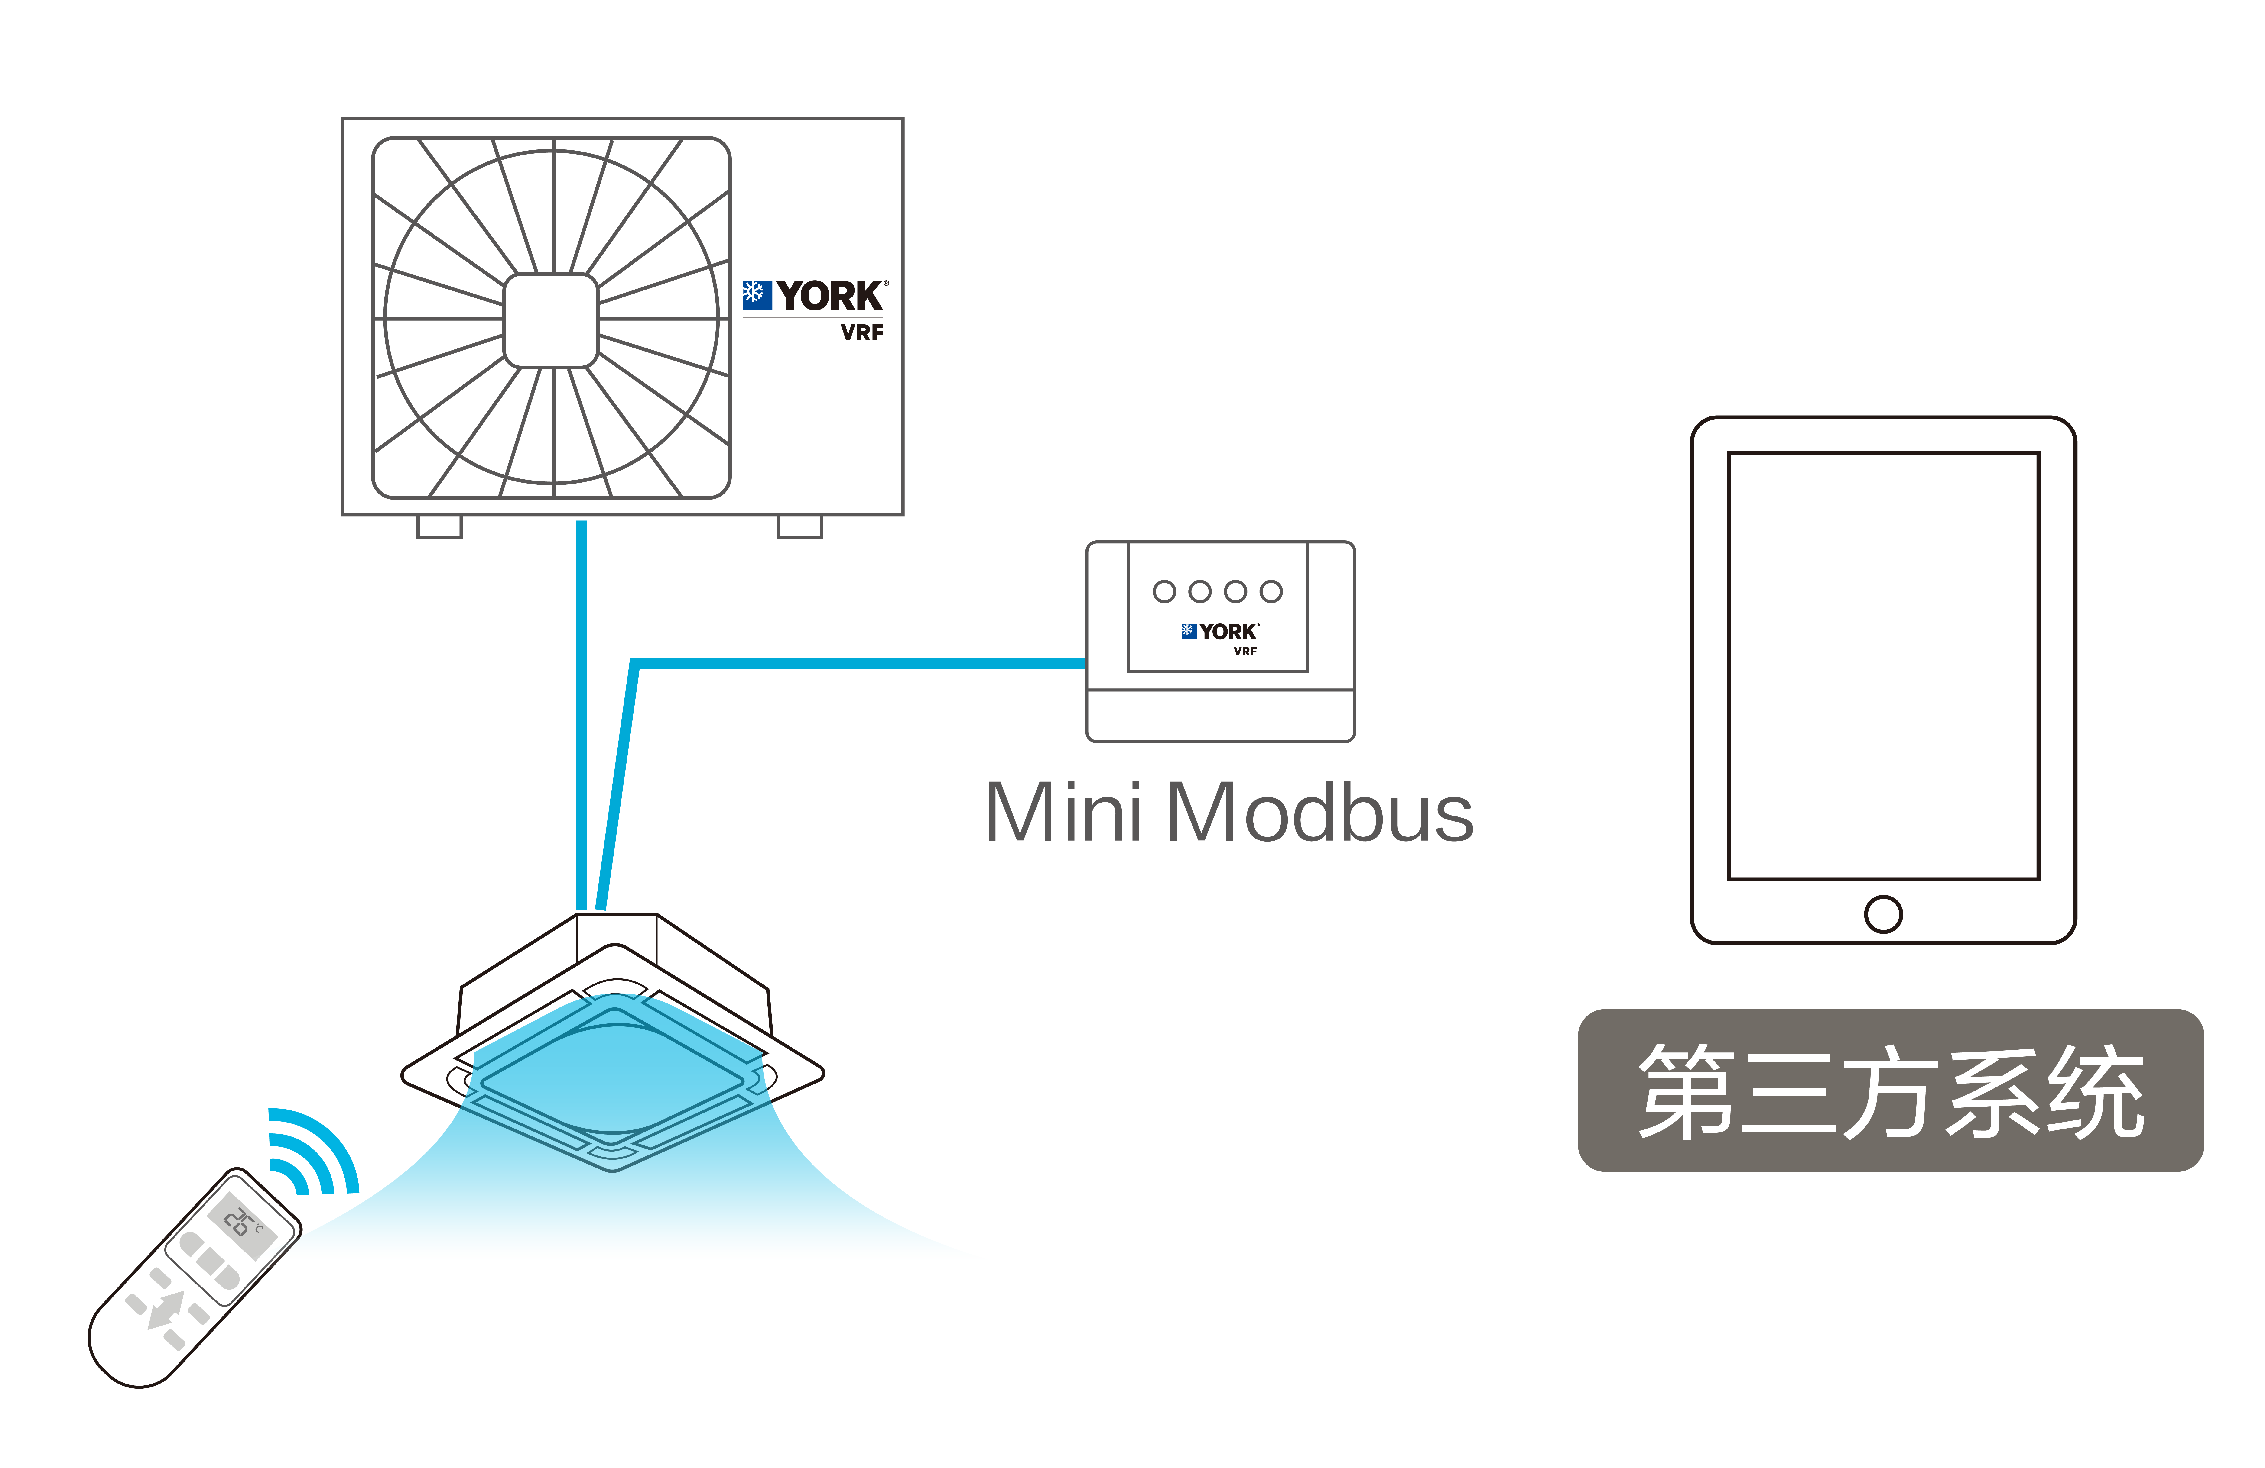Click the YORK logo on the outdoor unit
[816, 296]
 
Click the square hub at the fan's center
[550, 321]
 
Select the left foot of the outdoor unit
[440, 527]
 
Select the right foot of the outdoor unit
[799, 527]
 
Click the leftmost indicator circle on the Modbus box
[1164, 592]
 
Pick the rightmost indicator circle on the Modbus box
[1271, 592]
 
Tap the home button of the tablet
[1883, 914]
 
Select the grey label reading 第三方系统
[1891, 1090]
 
